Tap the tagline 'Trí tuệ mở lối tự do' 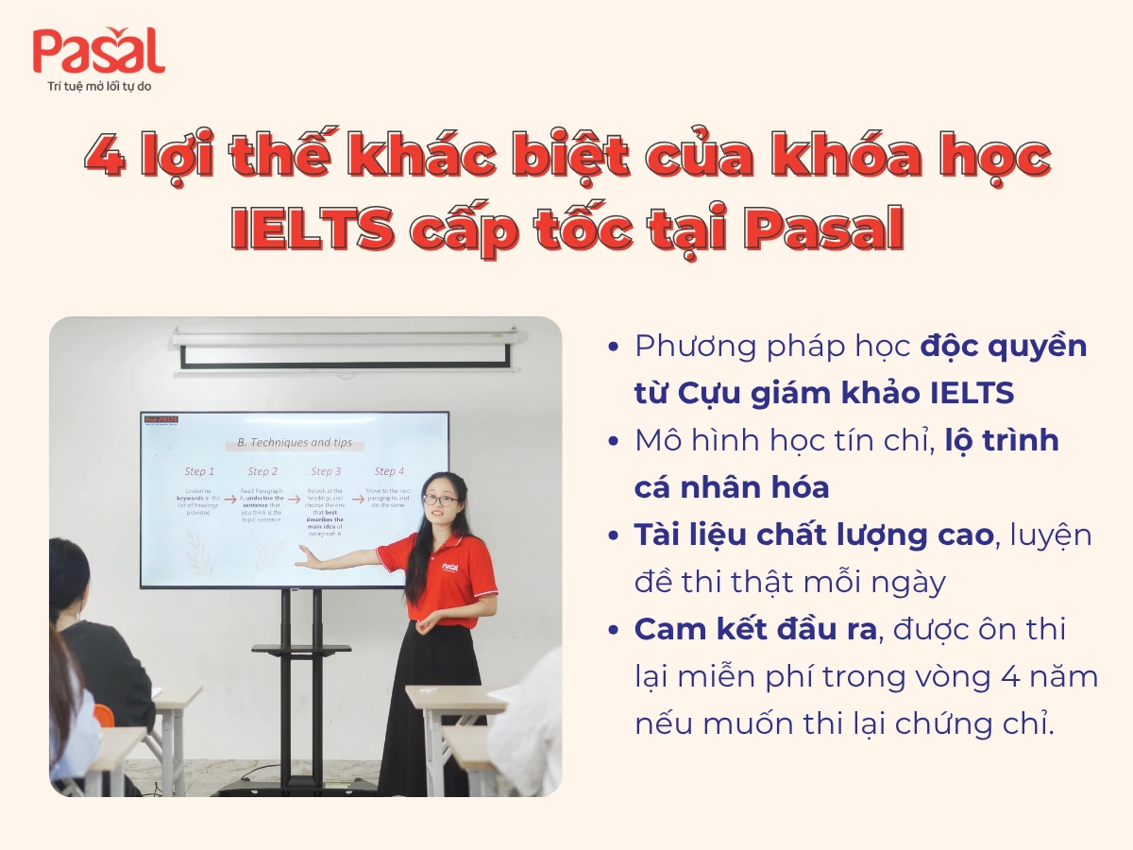98,86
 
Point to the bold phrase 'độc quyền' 1004,346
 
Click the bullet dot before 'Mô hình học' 615,441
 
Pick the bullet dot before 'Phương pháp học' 615,347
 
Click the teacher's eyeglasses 439,500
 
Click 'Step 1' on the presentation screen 199,471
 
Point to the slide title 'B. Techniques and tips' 294,443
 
